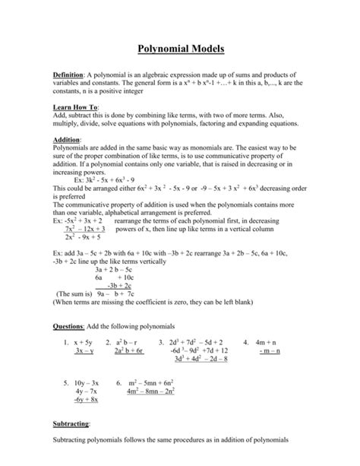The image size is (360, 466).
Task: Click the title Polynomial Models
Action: coord(180,50)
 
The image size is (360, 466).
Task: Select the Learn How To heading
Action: coord(74,108)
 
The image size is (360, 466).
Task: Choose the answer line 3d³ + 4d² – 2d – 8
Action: coord(204,360)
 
